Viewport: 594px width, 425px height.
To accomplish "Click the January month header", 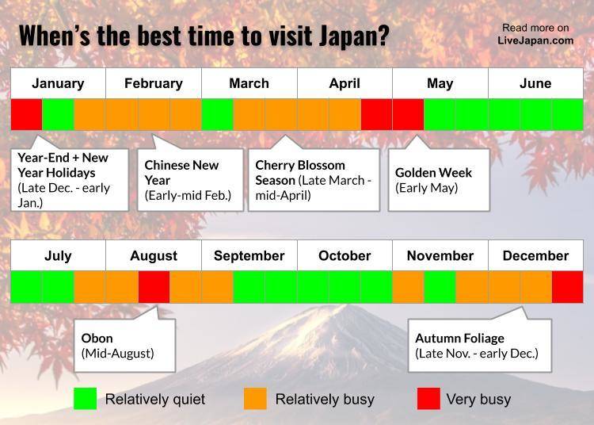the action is pos(58,83).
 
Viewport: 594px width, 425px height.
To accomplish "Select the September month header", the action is pos(249,256).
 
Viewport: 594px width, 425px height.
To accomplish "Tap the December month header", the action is pos(535,256).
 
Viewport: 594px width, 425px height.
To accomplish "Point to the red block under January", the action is pos(26,114).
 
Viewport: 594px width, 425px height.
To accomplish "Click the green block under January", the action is pos(59,114).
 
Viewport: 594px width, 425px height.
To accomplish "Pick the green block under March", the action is pos(218,114).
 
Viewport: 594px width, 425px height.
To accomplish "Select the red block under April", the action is pos(376,114).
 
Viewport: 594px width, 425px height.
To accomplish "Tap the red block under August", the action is pos(154,287).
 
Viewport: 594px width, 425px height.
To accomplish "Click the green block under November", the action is pos(440,287).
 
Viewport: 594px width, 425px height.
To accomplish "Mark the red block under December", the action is pos(568,287).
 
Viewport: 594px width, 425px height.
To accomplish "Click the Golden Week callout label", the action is pos(433,180).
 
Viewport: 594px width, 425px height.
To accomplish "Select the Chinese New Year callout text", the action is pos(188,180).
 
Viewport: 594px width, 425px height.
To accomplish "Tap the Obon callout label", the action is pos(117,346).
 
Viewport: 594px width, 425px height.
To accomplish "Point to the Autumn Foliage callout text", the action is pos(477,346).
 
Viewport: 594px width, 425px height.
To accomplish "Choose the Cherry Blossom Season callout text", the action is pos(314,180).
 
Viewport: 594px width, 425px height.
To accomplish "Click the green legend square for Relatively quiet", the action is pos(86,399).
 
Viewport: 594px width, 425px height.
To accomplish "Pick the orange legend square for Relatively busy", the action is pos(255,399).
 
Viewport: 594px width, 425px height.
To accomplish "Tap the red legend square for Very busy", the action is pos(428,399).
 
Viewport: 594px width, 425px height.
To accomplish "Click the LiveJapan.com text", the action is pos(535,40).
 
